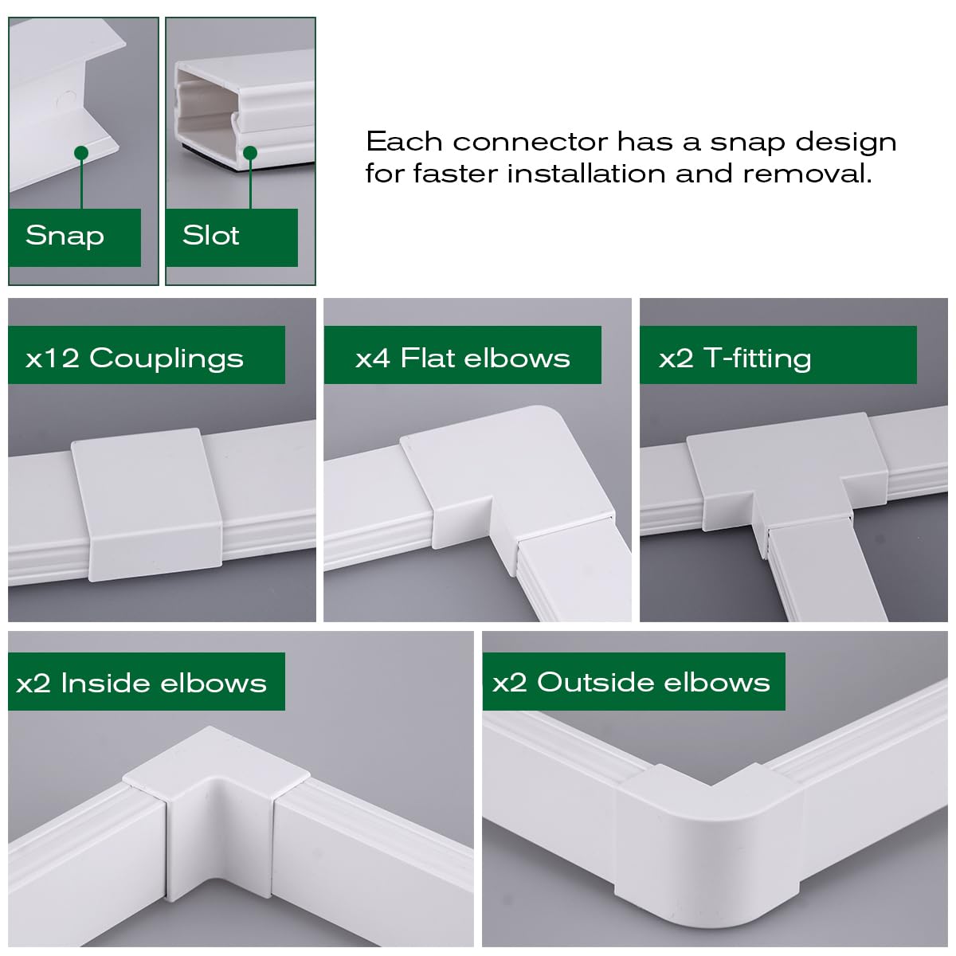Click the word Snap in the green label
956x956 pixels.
[65, 236]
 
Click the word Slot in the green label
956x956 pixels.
[210, 235]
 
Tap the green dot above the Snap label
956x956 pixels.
[80, 152]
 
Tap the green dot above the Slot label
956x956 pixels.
[250, 152]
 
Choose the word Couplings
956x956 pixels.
[167, 358]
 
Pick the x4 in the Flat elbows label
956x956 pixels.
[373, 358]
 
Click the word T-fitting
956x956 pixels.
[758, 358]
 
